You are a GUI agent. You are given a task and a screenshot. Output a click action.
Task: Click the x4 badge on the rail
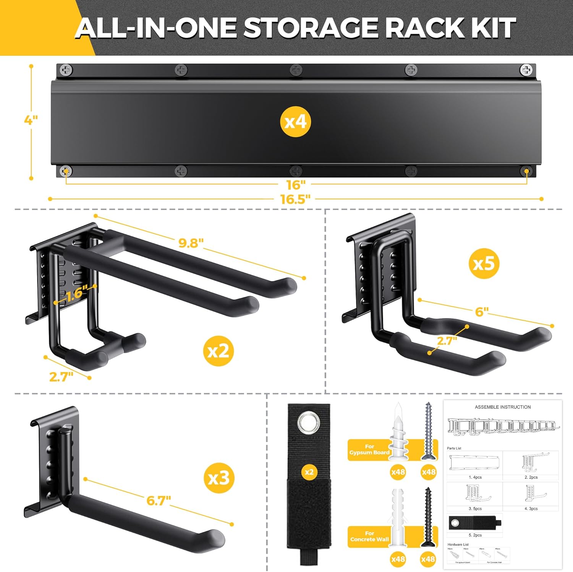295,122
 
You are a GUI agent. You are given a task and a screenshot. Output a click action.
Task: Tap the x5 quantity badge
484,263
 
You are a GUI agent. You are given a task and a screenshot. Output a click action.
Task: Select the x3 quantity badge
219,478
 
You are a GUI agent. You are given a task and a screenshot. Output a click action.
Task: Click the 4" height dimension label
31,120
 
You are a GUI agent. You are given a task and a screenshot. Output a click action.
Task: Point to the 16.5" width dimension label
295,199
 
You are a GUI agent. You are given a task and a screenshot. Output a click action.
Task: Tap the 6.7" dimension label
159,500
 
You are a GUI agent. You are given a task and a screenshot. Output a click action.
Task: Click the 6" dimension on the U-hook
482,312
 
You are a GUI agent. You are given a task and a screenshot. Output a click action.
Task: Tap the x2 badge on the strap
309,472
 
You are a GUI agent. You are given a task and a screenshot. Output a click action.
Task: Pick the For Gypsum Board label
369,449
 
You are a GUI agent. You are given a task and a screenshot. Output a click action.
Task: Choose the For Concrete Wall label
369,536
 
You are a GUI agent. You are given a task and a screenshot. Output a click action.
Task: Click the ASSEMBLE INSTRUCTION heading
502,407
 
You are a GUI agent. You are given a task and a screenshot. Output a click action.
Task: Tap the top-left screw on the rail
66,70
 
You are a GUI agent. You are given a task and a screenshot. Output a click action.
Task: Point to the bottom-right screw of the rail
526,171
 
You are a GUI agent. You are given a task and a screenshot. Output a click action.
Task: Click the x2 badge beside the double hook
219,351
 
